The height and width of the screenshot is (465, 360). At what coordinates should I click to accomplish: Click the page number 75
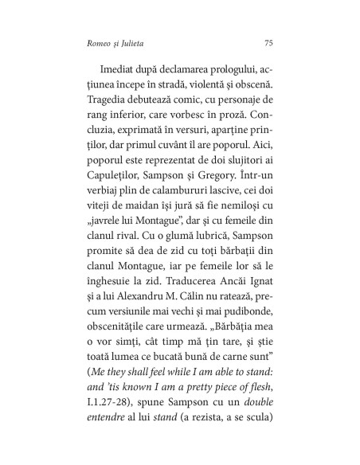[268, 43]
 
